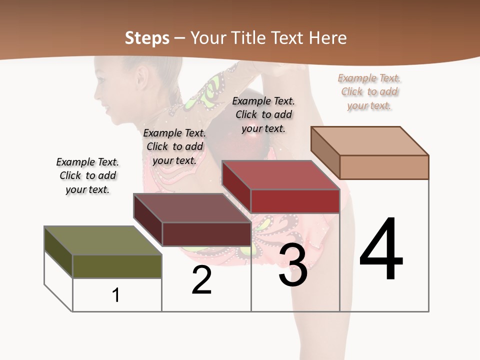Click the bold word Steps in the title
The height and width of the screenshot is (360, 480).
click(147, 38)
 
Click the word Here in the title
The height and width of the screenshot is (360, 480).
click(327, 38)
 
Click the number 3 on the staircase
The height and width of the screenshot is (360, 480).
click(293, 265)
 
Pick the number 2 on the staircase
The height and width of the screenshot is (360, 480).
click(201, 280)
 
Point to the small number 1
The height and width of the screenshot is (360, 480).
click(116, 295)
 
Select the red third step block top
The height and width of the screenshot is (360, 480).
click(280, 175)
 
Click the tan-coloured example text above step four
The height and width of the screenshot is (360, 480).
click(369, 92)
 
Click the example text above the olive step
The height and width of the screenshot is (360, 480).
click(87, 176)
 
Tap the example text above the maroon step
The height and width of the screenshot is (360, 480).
click(174, 147)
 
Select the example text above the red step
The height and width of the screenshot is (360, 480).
click(263, 115)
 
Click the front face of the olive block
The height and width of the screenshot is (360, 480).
click(117, 266)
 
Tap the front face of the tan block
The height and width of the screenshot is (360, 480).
click(384, 167)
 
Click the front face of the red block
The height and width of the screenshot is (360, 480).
click(295, 201)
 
